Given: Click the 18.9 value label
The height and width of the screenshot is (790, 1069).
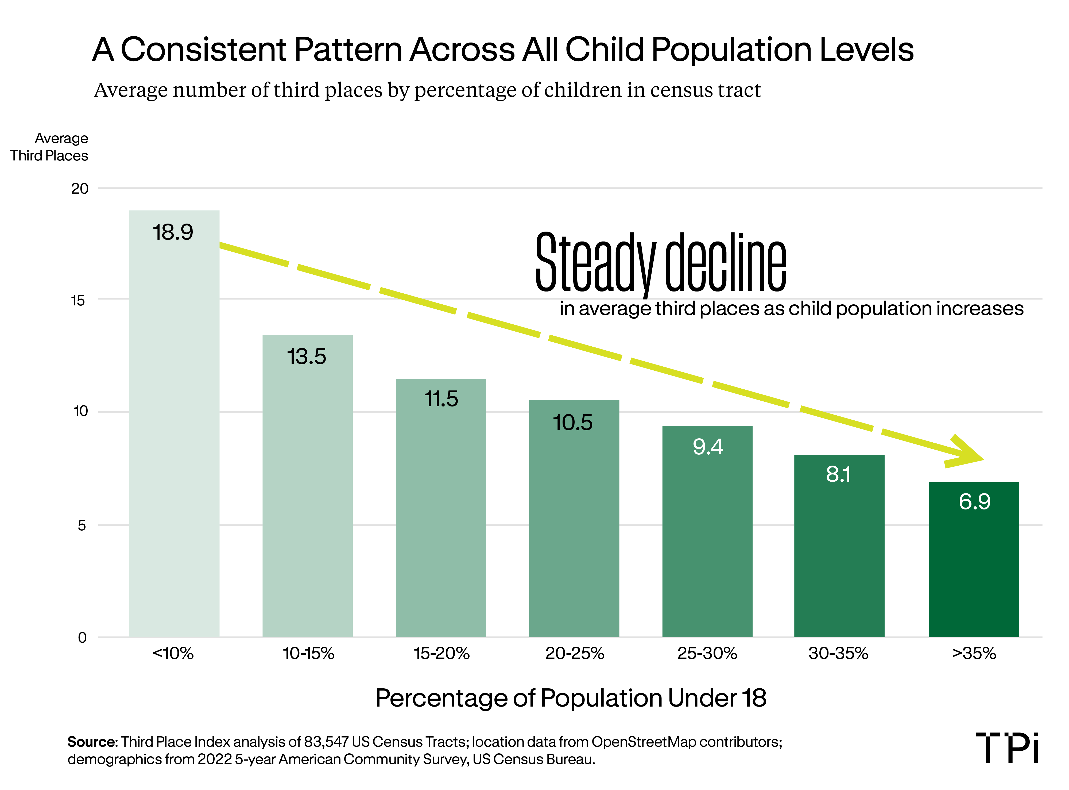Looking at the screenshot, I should point(173,232).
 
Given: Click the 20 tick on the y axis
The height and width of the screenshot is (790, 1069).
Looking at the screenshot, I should point(80,189).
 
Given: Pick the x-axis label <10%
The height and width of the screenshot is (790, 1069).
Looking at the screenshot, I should point(173,653).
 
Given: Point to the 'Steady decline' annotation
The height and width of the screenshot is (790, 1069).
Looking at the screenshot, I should point(660,263).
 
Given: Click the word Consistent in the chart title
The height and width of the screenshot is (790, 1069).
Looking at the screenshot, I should point(203,50).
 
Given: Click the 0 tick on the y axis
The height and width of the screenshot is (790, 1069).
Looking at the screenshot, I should point(82,638).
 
